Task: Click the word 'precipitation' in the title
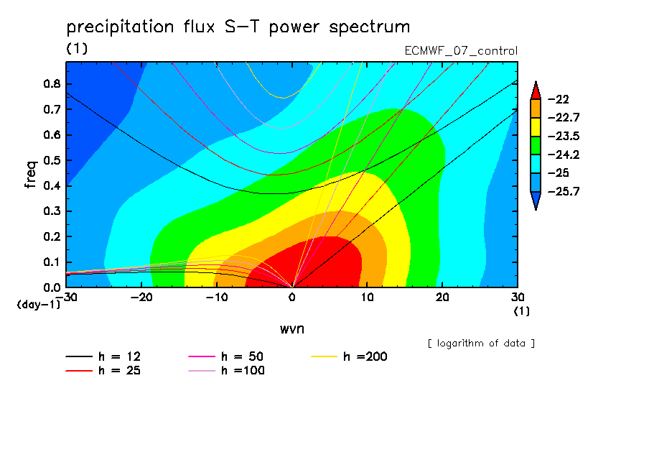[120, 27]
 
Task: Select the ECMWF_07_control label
[461, 51]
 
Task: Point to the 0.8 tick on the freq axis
[52, 83]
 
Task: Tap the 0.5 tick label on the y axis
[52, 160]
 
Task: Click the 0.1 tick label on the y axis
[52, 262]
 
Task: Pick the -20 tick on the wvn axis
[141, 298]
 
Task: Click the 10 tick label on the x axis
[367, 298]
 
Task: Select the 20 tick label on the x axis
[442, 298]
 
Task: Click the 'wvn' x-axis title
[292, 329]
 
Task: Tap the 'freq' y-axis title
[31, 175]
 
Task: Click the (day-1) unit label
[38, 305]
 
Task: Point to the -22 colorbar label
[559, 99]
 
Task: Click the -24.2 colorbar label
[564, 155]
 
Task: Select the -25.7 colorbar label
[564, 191]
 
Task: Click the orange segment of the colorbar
[536, 109]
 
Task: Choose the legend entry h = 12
[103, 356]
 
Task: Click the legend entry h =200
[349, 356]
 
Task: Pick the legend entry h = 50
[226, 356]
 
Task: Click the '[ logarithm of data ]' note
[482, 344]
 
